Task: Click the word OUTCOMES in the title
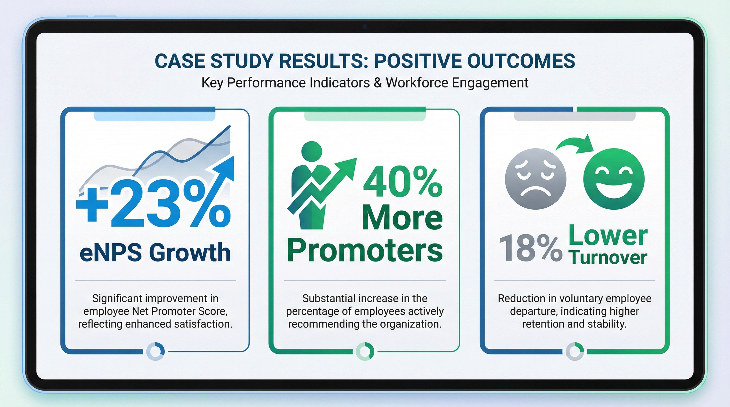pyautogui.click(x=521, y=61)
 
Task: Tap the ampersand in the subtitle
pyautogui.click(x=378, y=83)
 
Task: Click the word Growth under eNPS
pyautogui.click(x=190, y=253)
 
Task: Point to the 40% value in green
pyautogui.click(x=403, y=182)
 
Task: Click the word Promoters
pyautogui.click(x=365, y=250)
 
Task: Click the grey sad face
pyautogui.click(x=536, y=179)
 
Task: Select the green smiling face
pyautogui.click(x=614, y=179)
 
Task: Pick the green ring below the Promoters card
pyautogui.click(x=365, y=351)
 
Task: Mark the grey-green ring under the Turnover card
pyautogui.click(x=575, y=351)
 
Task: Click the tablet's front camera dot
pyautogui.click(x=365, y=26)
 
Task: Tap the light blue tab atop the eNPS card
pyautogui.click(x=154, y=116)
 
